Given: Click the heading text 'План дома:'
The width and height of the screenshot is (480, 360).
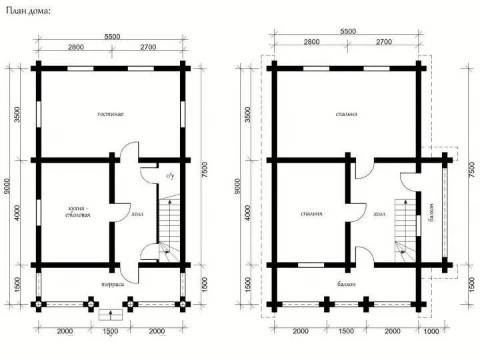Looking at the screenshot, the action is pyautogui.click(x=28, y=11).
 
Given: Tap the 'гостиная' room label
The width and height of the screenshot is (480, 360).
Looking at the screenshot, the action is pyautogui.click(x=111, y=114).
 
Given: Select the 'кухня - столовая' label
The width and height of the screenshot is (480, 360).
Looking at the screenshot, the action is pyautogui.click(x=78, y=211).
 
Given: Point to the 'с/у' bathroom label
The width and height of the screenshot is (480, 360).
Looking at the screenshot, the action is pyautogui.click(x=170, y=176).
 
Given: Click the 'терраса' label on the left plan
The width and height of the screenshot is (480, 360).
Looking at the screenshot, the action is pyautogui.click(x=113, y=285).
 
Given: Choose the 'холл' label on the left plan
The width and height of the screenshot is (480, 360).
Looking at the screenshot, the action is pyautogui.click(x=137, y=214).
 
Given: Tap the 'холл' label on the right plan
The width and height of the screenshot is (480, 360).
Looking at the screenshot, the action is pyautogui.click(x=379, y=214).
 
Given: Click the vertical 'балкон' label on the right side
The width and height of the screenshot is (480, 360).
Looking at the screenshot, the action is pyautogui.click(x=431, y=212).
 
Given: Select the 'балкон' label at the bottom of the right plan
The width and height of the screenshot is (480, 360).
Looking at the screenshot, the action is pyautogui.click(x=347, y=284).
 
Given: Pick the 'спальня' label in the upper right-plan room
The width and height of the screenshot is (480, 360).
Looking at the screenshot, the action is pyautogui.click(x=346, y=114).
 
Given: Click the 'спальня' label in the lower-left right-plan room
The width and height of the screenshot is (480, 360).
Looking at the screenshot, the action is pyautogui.click(x=311, y=214).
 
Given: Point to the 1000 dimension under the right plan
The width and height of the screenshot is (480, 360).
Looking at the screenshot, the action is pyautogui.click(x=431, y=331).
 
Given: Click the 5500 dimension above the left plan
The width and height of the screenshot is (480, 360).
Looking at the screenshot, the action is pyautogui.click(x=113, y=37).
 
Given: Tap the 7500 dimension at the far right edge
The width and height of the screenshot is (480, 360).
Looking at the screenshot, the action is pyautogui.click(x=473, y=169).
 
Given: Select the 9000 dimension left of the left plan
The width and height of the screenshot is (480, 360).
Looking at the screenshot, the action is pyautogui.click(x=7, y=186).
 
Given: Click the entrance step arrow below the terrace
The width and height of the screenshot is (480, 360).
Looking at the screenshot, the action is pyautogui.click(x=111, y=315).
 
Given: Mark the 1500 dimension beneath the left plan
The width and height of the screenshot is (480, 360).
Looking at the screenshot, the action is pyautogui.click(x=111, y=331).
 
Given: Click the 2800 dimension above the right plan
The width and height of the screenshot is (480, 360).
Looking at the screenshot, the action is pyautogui.click(x=311, y=42).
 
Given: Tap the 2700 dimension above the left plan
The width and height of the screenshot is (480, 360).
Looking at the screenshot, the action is pyautogui.click(x=148, y=47).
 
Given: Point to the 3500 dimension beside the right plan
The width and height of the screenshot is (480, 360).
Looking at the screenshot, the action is pyautogui.click(x=247, y=115).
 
